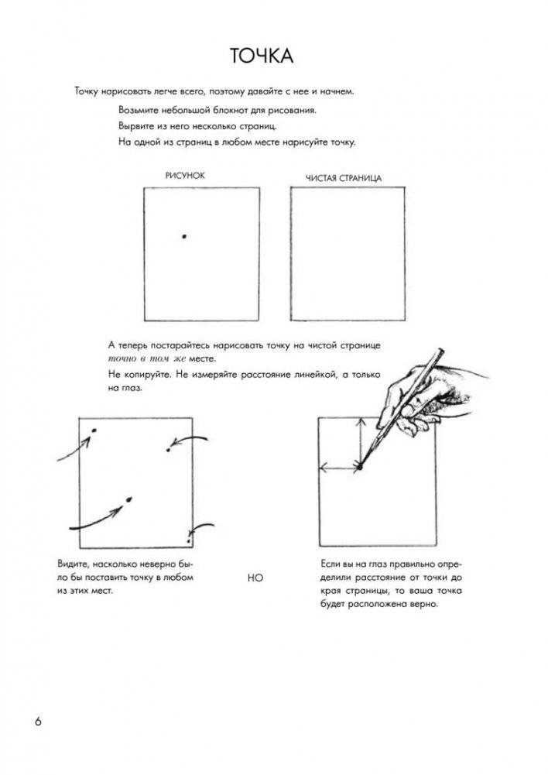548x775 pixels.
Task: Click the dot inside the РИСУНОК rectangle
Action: click(183, 235)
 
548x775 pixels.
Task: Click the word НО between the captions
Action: click(255, 577)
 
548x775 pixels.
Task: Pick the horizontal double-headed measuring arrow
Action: click(339, 467)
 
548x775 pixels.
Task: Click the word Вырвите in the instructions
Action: click(136, 125)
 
